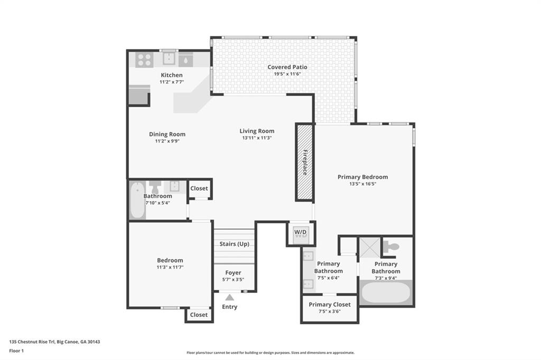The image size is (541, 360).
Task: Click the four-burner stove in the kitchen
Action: (x=144, y=60)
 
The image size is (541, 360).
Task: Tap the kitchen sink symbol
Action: (x=169, y=59)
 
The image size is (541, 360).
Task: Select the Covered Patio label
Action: (x=287, y=67)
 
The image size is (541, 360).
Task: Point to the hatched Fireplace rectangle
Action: (x=304, y=162)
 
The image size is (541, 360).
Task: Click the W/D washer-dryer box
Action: (x=300, y=233)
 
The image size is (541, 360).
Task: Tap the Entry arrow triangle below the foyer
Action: (x=229, y=298)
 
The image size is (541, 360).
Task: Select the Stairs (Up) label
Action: (x=234, y=244)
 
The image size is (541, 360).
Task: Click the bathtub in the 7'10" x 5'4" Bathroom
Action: (x=137, y=200)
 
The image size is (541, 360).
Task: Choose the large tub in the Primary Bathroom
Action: (x=386, y=292)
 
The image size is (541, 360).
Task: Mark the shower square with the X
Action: (x=370, y=247)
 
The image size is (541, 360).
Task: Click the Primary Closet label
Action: (x=330, y=305)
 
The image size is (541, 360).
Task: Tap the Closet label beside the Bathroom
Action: (x=199, y=188)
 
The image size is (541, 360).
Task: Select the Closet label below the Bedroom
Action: (x=199, y=315)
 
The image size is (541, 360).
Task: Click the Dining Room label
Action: (x=167, y=134)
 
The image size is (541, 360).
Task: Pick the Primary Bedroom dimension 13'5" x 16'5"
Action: (x=362, y=184)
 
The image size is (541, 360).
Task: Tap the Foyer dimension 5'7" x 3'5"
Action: (x=233, y=280)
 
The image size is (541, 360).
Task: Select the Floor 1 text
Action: (x=16, y=350)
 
